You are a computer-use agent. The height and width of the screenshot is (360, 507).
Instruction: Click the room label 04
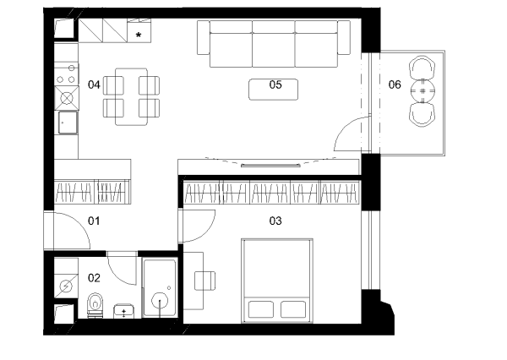[94, 85]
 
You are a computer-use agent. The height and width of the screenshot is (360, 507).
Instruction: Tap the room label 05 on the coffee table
[275, 85]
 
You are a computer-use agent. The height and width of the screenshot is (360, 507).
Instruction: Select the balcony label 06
[395, 85]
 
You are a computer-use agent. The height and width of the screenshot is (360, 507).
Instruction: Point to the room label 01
[94, 221]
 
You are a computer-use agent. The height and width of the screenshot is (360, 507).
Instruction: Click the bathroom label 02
[94, 278]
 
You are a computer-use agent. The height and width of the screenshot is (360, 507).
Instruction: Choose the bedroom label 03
[275, 221]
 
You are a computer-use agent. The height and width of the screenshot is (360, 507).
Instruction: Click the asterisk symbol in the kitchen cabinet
[139, 35]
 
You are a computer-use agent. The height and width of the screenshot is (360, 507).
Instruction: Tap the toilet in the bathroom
[95, 305]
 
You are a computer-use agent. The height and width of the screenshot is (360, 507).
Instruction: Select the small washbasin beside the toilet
[124, 311]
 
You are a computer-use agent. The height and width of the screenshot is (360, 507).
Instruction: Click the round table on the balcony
[422, 91]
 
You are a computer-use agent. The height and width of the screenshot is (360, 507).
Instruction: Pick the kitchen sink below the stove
[68, 123]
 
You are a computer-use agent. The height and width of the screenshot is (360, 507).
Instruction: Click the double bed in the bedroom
[277, 281]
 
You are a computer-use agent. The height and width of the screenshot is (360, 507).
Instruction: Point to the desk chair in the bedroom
[205, 281]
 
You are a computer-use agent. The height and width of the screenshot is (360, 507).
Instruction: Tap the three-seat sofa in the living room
[274, 44]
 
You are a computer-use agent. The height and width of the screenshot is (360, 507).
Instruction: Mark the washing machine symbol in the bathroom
[66, 286]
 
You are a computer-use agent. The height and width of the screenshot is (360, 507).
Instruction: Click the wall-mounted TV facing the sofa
[270, 166]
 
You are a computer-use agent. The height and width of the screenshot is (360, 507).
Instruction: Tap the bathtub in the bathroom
[160, 287]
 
